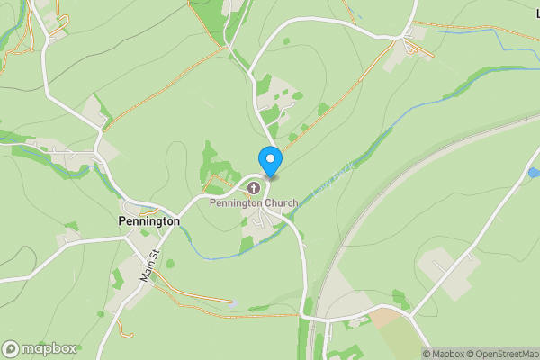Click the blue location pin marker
coord(269,159)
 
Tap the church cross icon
coord(254,189)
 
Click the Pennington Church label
coord(254,203)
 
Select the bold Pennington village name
coord(149,220)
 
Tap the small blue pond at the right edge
coord(534,171)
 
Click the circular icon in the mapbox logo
coord(12,348)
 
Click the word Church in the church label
coord(279,203)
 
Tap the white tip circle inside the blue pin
coord(269,158)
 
